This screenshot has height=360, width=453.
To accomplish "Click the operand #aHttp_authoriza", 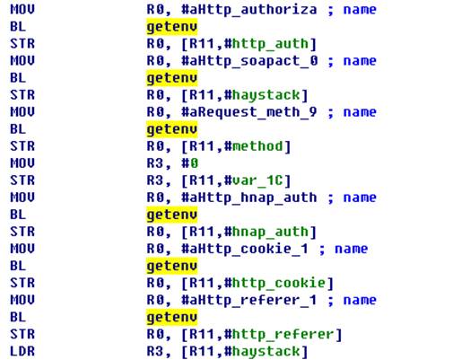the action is click(x=248, y=10).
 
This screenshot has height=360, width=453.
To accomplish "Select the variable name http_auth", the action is click(x=270, y=44).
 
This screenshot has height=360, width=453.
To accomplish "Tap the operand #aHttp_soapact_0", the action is click(x=249, y=61).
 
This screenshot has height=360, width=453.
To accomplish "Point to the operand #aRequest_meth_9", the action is click(x=248, y=112).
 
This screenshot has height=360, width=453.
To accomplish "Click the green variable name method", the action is click(x=257, y=146).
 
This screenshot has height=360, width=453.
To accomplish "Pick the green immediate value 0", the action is click(x=194, y=163).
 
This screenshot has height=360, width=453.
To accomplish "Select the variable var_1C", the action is click(x=257, y=180).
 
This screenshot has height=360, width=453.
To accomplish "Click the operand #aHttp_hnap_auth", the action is click(x=248, y=198).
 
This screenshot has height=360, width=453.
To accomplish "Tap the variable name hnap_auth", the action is click(x=270, y=232).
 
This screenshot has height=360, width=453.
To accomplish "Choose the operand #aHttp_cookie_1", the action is click(x=245, y=249).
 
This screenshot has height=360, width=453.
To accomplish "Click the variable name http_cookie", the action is click(x=279, y=283).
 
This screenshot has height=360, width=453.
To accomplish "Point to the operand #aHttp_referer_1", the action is click(x=248, y=300).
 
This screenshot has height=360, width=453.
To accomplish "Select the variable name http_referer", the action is click(x=283, y=334).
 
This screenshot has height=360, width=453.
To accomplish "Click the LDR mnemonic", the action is click(x=22, y=351).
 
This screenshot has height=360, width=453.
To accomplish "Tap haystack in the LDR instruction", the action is click(x=266, y=351).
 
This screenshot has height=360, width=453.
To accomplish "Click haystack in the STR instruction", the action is click(x=266, y=95).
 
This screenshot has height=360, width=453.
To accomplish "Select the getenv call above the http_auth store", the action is click(x=172, y=27).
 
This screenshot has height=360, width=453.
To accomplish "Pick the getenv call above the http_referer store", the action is click(x=172, y=317).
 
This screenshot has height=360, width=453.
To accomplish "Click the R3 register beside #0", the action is click(x=155, y=163).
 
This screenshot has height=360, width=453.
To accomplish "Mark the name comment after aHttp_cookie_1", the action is click(x=351, y=249).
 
